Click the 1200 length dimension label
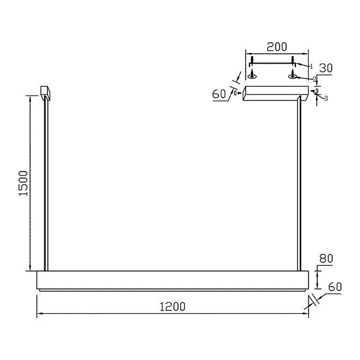172,307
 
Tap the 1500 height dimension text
24,183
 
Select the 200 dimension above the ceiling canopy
277,47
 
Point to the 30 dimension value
326,68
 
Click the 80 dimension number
326,258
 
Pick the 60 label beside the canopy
219,94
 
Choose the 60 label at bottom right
335,287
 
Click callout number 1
311,66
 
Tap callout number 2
315,79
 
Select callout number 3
326,98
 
